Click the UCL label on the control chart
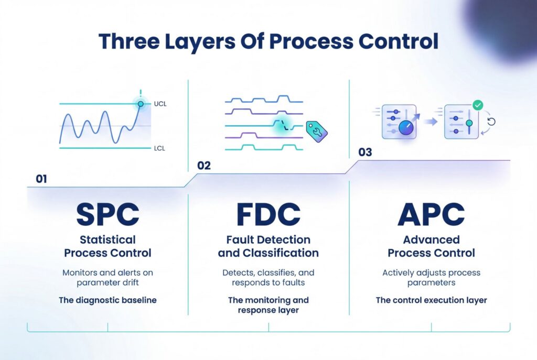click(160, 104)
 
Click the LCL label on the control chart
click(159, 148)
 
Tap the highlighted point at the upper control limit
click(141, 104)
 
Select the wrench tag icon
click(316, 132)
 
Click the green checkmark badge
click(478, 105)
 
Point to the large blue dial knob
click(406, 128)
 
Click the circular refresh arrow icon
click(491, 122)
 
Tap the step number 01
click(41, 179)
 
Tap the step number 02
click(204, 166)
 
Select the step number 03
click(365, 152)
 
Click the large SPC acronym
click(108, 214)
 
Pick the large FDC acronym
click(268, 214)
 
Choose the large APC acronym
click(431, 214)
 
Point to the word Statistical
click(108, 239)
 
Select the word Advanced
click(431, 239)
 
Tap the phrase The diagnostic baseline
click(108, 300)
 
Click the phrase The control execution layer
click(431, 300)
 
